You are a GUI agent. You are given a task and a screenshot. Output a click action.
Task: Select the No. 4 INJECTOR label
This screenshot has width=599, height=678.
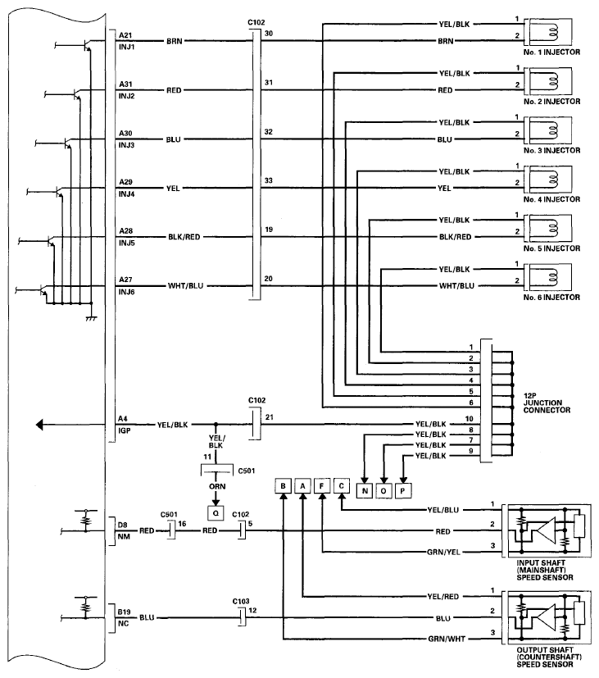point(552,199)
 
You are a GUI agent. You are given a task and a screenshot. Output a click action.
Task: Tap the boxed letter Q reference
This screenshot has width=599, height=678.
point(216,513)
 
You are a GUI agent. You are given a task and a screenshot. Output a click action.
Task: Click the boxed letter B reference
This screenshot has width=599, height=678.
point(283,485)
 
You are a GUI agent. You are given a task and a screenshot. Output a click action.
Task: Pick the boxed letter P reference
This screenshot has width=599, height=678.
point(403,491)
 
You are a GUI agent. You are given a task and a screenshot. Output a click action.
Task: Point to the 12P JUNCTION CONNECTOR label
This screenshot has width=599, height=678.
point(547,403)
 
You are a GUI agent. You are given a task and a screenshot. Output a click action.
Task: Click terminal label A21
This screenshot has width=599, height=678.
point(125,35)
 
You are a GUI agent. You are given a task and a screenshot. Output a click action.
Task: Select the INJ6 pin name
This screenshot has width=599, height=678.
point(127,292)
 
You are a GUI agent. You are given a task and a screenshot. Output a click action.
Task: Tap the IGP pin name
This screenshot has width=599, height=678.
point(125,430)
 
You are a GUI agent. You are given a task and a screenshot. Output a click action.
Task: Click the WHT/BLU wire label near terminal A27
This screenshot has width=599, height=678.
point(185,286)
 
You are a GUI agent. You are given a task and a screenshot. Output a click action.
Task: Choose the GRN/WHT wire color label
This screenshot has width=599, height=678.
point(447,639)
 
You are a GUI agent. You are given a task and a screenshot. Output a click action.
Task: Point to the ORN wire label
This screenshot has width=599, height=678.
point(217,486)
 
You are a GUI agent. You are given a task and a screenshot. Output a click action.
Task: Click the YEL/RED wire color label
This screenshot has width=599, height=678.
point(443,597)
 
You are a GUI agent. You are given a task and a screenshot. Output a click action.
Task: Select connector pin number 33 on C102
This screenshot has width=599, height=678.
point(269,180)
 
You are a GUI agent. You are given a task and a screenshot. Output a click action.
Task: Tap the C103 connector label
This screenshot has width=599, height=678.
point(241,602)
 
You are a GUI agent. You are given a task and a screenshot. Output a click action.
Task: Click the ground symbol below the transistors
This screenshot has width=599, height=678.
point(91,318)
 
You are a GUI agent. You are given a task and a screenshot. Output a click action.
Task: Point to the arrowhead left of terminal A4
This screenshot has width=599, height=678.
point(39,425)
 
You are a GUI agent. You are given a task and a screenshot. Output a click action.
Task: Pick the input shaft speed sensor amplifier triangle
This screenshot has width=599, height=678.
point(546,530)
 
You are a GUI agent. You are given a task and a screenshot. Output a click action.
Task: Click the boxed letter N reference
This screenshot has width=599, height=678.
point(365,491)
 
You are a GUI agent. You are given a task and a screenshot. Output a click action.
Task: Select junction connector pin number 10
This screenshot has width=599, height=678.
point(470,419)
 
